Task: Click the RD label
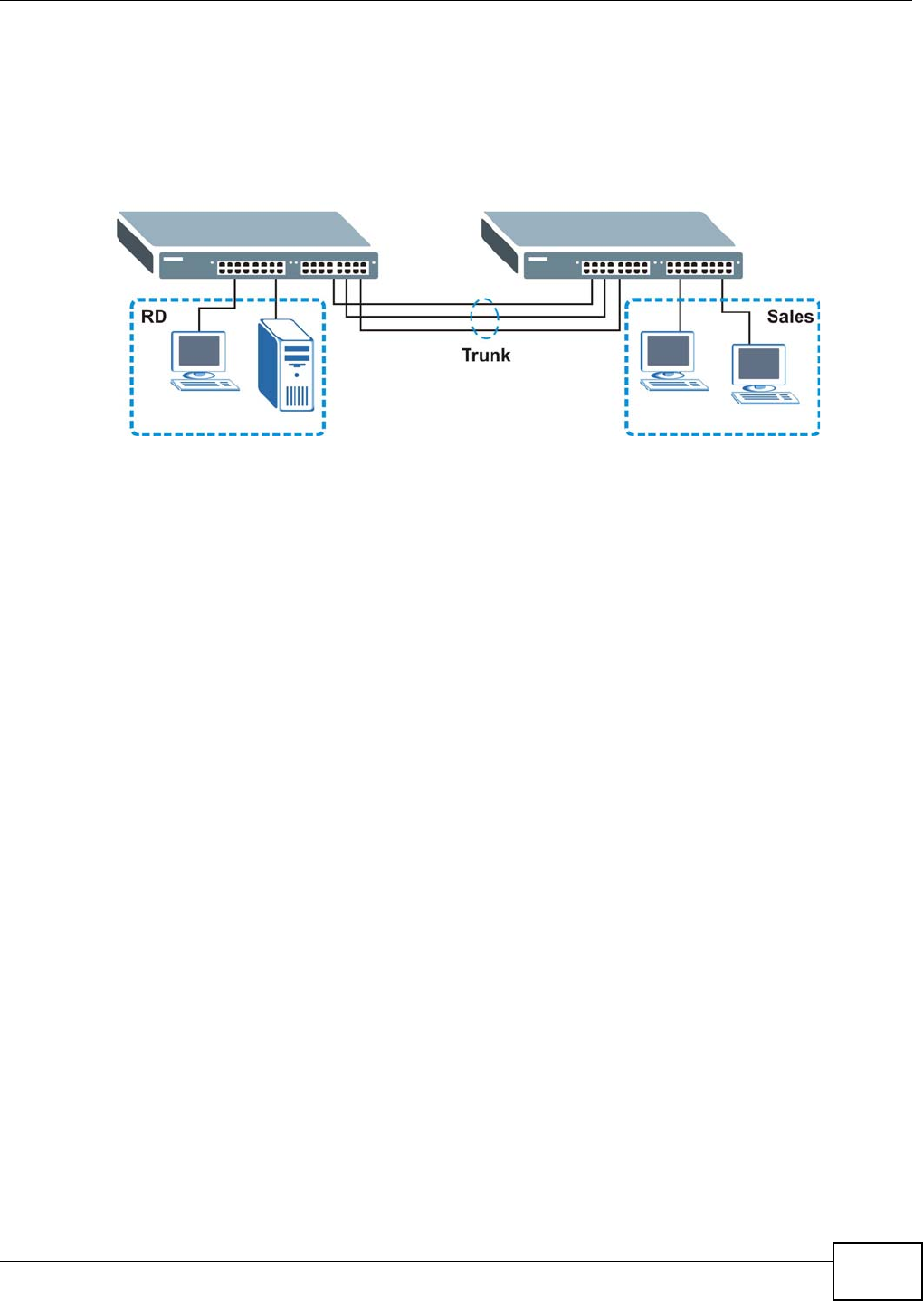coord(154,318)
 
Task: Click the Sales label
coord(789,317)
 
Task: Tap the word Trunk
coord(486,356)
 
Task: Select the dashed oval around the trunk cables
coord(485,318)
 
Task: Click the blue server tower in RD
coord(286,364)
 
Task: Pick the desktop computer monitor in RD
coord(199,352)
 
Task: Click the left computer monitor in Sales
coord(668,351)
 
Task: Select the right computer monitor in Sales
coord(758,364)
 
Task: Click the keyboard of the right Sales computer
coord(766,397)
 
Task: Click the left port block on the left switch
coord(251,268)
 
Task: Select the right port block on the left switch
coord(335,268)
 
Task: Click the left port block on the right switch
coord(615,268)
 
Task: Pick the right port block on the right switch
coord(699,268)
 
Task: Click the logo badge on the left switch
coord(174,260)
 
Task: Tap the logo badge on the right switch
coord(538,260)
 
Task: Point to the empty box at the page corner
coord(877,1271)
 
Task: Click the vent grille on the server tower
coord(298,395)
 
